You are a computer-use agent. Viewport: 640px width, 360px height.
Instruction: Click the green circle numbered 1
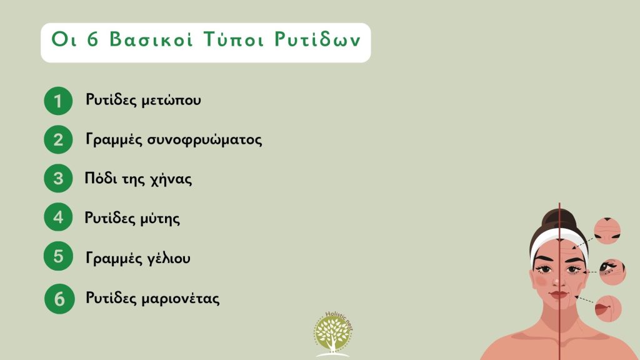tap(58, 101)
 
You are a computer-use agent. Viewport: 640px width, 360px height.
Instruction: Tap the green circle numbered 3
tap(58, 179)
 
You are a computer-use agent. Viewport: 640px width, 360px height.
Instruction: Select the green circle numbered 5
tap(58, 257)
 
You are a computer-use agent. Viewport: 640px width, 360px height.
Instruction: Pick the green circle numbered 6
tap(59, 298)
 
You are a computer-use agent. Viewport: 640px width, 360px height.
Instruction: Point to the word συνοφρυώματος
tap(211, 140)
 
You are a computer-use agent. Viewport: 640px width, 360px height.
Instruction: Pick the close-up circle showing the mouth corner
tap(607, 309)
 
